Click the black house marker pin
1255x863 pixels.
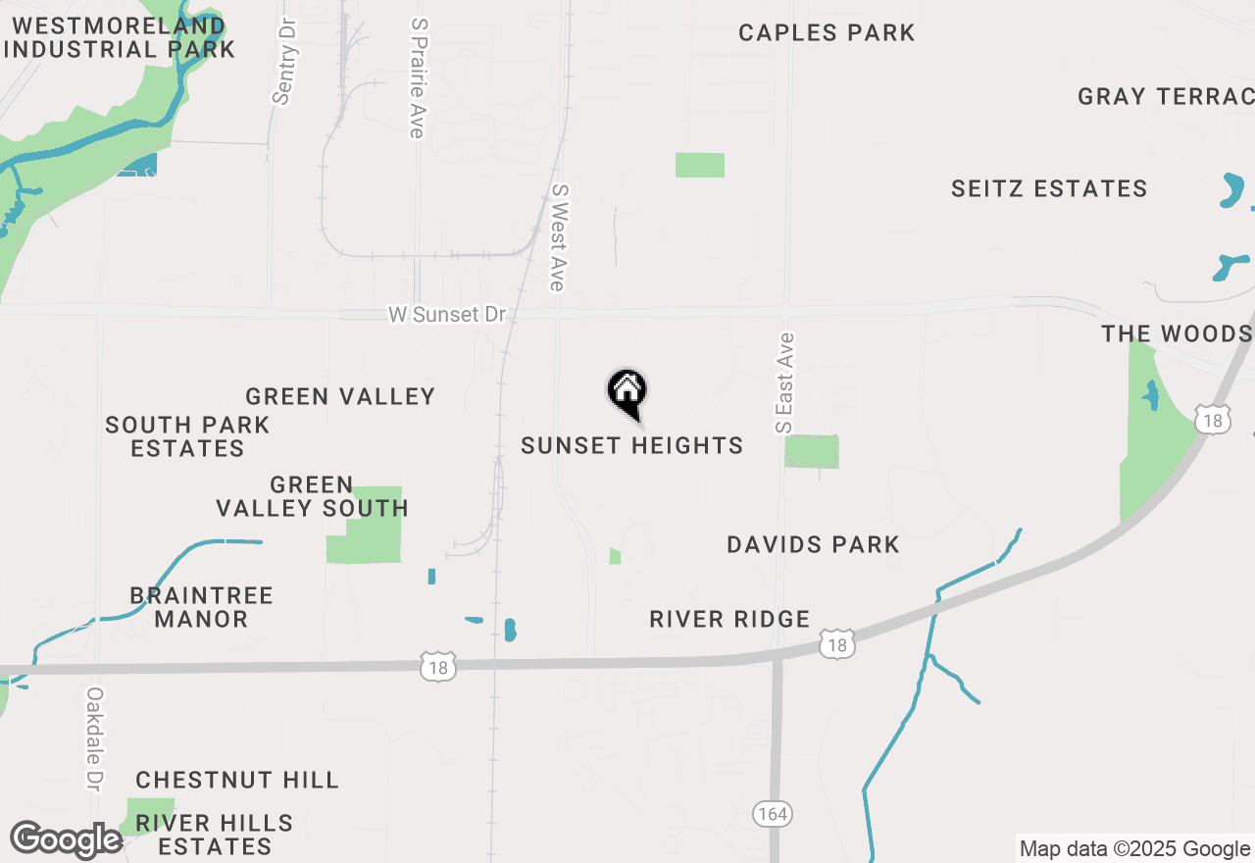pyautogui.click(x=627, y=392)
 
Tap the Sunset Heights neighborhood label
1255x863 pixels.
pyautogui.click(x=631, y=446)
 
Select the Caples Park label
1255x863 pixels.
pyautogui.click(x=827, y=33)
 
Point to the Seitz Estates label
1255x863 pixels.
pyautogui.click(x=1049, y=189)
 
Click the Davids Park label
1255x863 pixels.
pyautogui.click(x=813, y=545)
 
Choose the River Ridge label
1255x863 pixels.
pyautogui.click(x=729, y=620)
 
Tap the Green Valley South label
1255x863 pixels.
pyautogui.click(x=312, y=497)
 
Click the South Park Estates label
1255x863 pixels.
pyautogui.click(x=187, y=437)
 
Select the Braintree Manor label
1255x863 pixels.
pyautogui.click(x=201, y=608)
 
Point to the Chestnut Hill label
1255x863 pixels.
pyautogui.click(x=237, y=781)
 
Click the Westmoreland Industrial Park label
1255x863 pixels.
pyautogui.click(x=119, y=37)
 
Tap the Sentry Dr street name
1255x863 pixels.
pyautogui.click(x=283, y=61)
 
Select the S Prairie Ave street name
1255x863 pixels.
pyautogui.click(x=419, y=76)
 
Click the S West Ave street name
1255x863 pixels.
pyautogui.click(x=559, y=237)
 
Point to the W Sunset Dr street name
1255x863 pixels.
pyautogui.click(x=447, y=315)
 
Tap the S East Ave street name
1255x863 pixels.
pyautogui.click(x=784, y=383)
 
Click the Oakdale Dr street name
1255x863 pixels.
pyautogui.click(x=94, y=738)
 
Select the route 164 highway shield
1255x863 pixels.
pyautogui.click(x=773, y=814)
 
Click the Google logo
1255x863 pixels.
pyautogui.click(x=66, y=840)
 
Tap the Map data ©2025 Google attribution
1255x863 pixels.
pyautogui.click(x=1134, y=849)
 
